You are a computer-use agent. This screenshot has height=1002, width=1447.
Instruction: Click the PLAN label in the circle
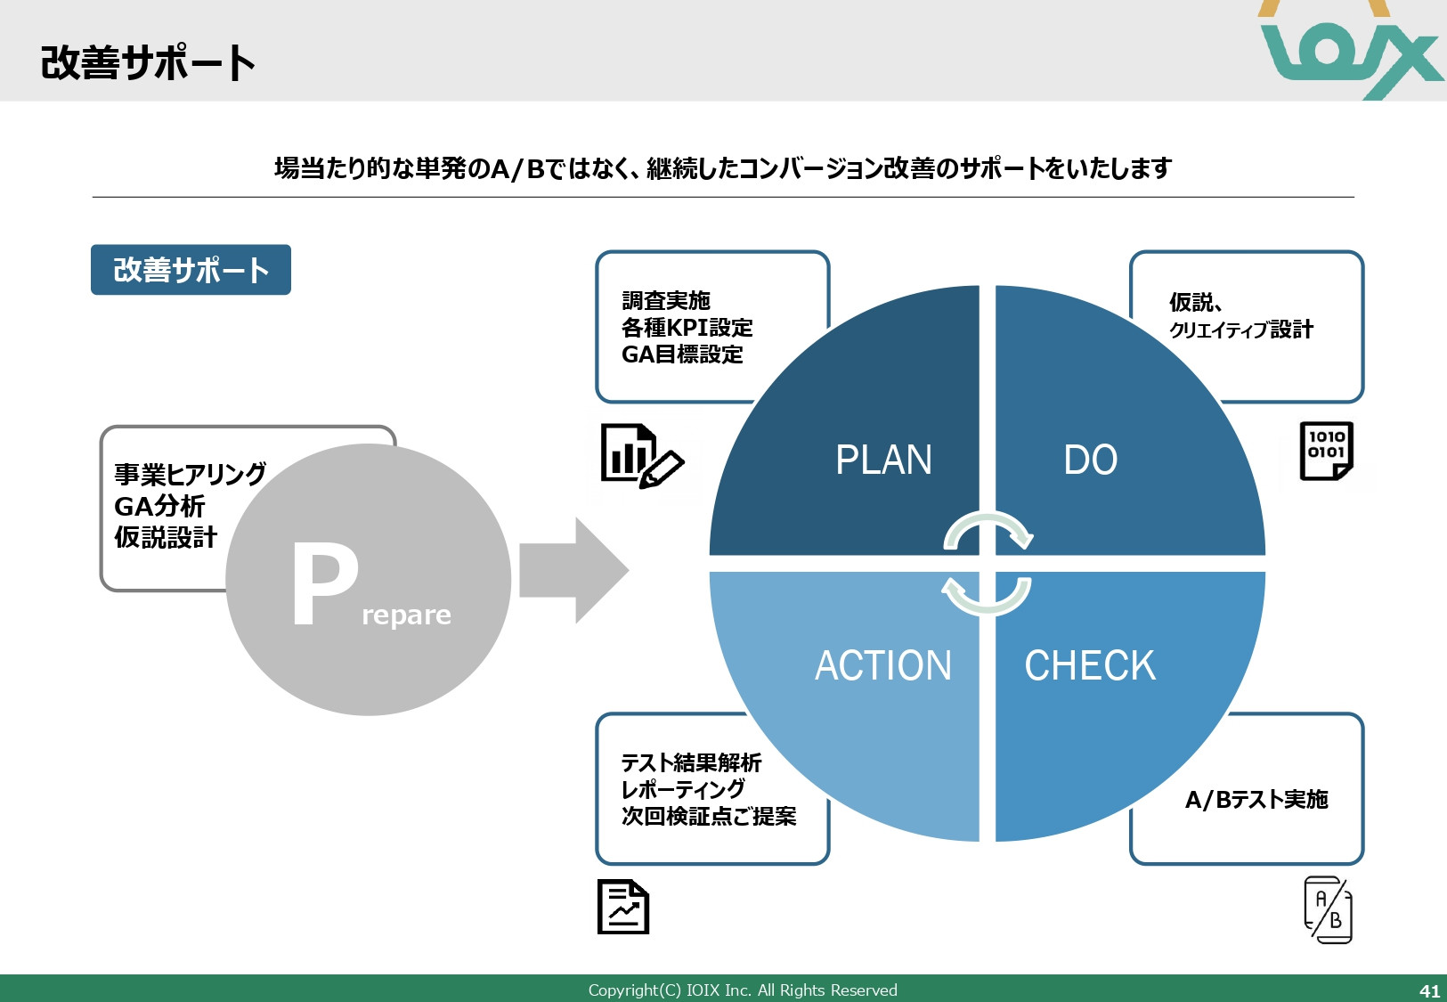coord(883,460)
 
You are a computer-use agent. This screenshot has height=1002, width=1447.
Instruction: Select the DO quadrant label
coord(1090,460)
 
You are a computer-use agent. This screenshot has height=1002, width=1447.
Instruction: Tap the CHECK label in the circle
coord(1090,665)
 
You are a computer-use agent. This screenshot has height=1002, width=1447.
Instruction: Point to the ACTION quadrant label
coord(883,665)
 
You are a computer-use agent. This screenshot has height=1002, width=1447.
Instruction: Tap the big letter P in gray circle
coord(324,583)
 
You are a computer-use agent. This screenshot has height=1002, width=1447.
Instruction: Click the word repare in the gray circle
coord(406,615)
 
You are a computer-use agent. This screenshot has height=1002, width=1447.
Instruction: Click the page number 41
coord(1429,990)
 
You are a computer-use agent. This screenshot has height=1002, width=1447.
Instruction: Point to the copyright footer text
coord(743,990)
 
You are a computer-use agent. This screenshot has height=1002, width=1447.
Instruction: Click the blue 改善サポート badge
coord(191,270)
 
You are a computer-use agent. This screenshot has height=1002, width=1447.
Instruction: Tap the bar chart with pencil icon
coord(640,456)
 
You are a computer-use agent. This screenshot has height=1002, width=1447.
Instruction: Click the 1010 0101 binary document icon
coord(1326,451)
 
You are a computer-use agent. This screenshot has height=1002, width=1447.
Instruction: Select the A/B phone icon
coord(1328,909)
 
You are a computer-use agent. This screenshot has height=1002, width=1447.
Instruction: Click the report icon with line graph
coord(622,907)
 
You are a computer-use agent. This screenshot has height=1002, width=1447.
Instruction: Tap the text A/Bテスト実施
coord(1256,799)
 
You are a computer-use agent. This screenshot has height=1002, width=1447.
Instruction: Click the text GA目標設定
coord(682,354)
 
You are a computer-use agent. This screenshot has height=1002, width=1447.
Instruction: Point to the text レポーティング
coord(683,789)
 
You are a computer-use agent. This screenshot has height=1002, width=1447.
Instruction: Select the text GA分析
coord(159,506)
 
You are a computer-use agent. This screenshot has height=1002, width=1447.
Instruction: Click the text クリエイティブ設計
coord(1240,330)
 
